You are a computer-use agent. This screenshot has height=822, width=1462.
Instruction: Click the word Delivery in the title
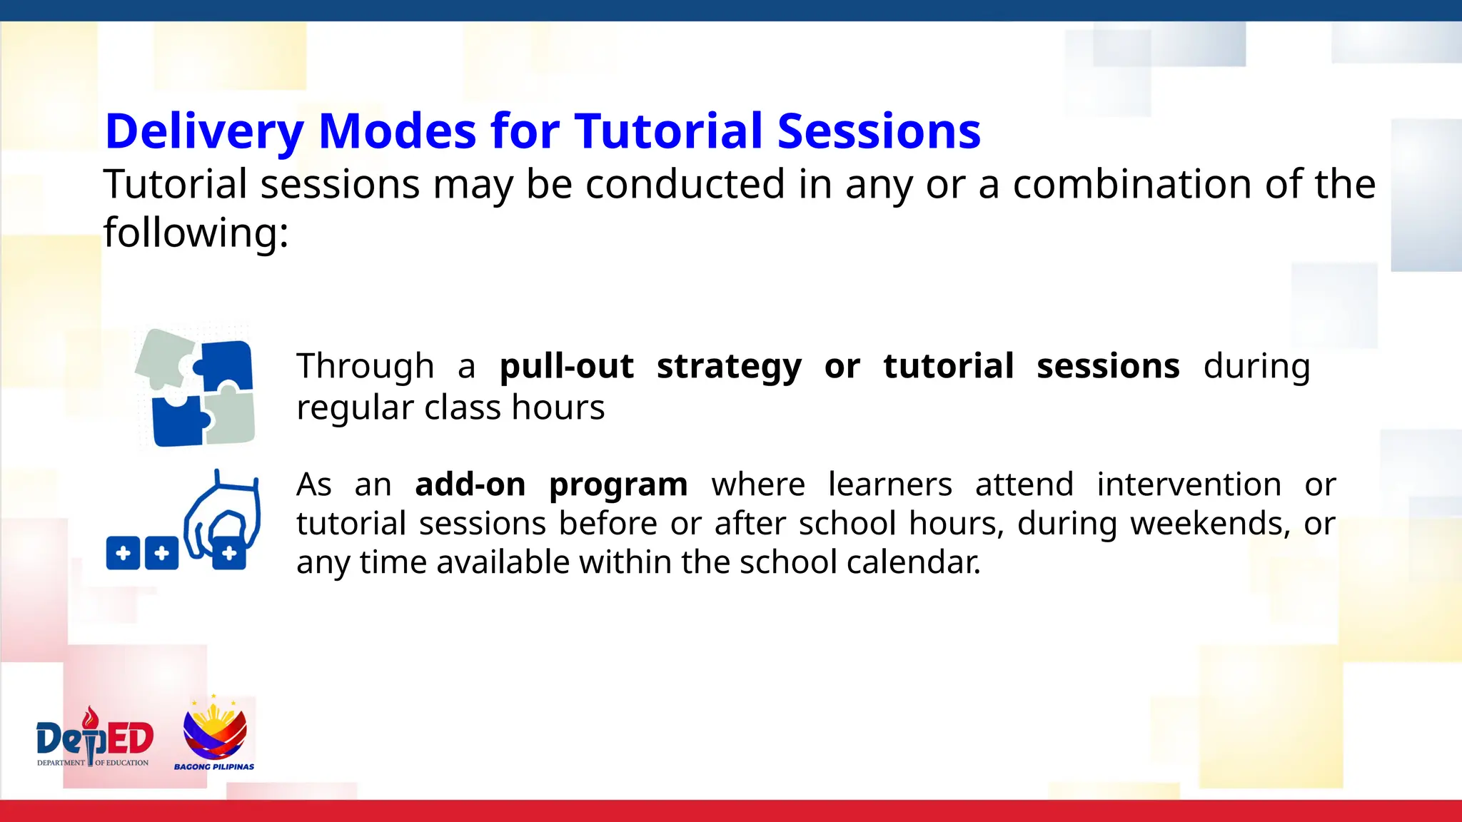[204, 132]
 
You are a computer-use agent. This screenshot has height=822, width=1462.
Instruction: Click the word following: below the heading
[196, 233]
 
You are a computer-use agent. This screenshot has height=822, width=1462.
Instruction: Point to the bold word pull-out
[566, 366]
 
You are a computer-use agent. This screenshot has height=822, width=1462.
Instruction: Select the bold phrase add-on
[470, 484]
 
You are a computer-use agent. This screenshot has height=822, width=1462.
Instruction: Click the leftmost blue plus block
[123, 553]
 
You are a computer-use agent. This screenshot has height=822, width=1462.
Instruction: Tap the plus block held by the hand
[229, 553]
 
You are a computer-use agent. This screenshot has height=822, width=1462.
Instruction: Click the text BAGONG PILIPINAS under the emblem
[214, 767]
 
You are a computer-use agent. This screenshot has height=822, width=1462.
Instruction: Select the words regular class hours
[450, 408]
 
